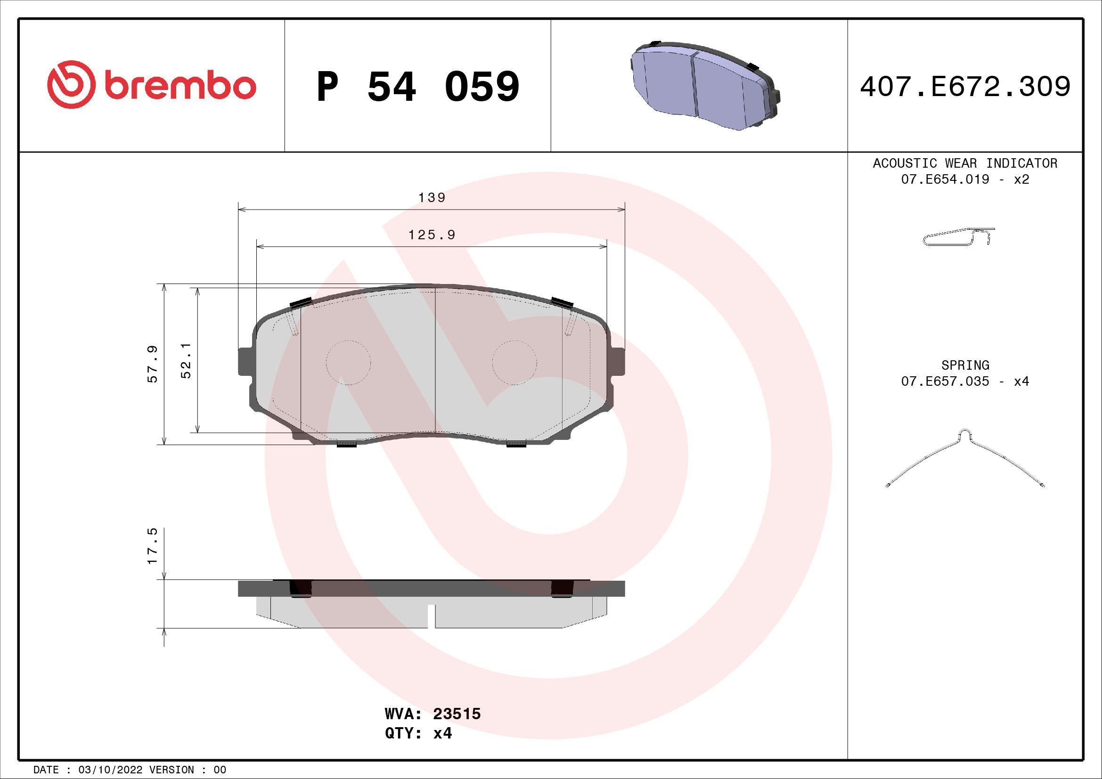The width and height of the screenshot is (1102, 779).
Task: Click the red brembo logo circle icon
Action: [x=69, y=84]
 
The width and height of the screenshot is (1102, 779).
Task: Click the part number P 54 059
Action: [x=417, y=87]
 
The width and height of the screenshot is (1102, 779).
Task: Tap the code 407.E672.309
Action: [x=965, y=87]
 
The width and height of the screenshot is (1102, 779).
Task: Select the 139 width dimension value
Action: [x=432, y=198]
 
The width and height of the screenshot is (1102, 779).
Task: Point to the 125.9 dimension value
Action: [x=432, y=235]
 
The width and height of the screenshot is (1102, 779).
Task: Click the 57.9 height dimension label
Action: [x=153, y=364]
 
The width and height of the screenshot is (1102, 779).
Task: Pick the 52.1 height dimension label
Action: [x=186, y=361]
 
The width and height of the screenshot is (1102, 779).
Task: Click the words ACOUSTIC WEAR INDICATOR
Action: [x=965, y=163]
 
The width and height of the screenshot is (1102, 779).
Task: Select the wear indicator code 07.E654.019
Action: [x=945, y=179]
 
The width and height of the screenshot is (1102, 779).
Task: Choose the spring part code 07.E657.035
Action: [x=945, y=381]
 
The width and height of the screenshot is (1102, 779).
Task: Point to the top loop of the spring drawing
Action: [x=965, y=432]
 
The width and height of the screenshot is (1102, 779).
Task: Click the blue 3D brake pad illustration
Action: [x=704, y=86]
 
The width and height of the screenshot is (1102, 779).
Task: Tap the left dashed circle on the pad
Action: [x=349, y=363]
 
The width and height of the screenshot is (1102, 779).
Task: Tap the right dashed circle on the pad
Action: [x=514, y=363]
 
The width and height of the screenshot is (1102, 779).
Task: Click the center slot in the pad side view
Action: [x=431, y=616]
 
